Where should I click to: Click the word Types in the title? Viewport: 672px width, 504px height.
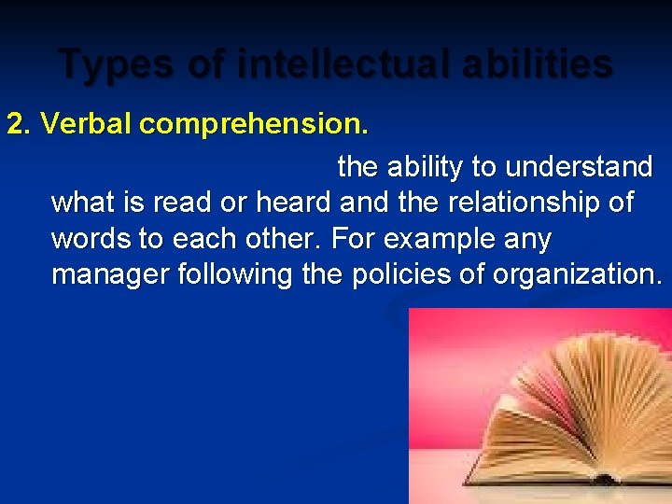(105, 64)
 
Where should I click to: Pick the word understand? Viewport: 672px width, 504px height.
(579, 167)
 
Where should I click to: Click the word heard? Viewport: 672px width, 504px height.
(292, 203)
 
